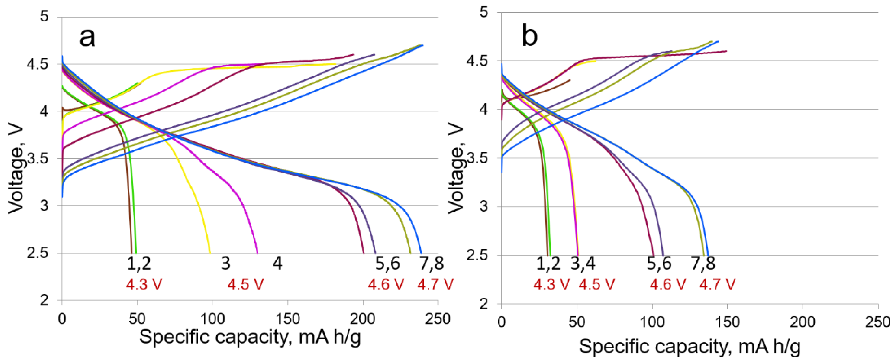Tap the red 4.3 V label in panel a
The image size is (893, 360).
[x=144, y=285]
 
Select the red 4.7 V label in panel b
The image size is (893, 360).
[x=717, y=285]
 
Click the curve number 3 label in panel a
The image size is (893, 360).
[x=226, y=264]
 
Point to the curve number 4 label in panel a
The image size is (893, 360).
[x=277, y=264]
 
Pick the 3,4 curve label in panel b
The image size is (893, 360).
[x=583, y=264]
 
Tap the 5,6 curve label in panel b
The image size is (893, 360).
[x=659, y=264]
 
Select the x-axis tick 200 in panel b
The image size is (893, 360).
[x=803, y=322]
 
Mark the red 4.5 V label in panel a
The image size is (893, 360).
[x=245, y=285]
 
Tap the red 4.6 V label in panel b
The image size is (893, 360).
[x=668, y=285]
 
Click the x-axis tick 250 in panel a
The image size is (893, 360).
[x=437, y=319]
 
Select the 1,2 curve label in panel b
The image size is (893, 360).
[x=548, y=264]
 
